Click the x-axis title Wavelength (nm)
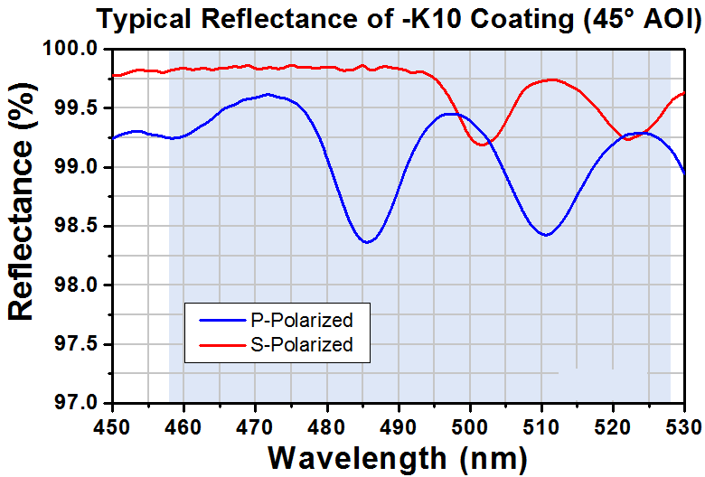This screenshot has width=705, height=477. coord(398,456)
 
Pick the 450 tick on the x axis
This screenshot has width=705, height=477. coord(112,423)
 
